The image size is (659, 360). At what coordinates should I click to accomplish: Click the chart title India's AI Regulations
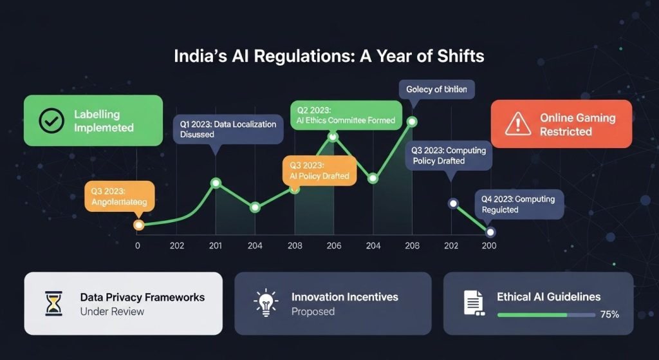pos(329,56)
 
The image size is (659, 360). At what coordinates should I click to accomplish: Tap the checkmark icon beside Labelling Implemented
pos(51,120)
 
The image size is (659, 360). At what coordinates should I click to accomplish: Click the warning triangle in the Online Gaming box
pos(517,124)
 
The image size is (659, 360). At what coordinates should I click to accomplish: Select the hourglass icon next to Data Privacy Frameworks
pos(54,303)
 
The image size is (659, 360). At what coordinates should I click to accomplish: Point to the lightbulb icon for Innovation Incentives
pos(265,303)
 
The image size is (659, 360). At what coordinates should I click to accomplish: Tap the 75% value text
pos(609,315)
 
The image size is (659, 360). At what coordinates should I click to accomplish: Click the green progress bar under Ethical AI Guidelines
pos(532,315)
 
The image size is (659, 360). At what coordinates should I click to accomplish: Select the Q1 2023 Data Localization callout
pos(228,129)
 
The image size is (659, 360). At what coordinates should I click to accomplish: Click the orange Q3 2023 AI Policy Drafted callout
pos(319,170)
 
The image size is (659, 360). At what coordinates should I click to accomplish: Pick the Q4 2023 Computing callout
pos(519,204)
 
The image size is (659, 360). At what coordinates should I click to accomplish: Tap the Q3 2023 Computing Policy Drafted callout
pos(449,155)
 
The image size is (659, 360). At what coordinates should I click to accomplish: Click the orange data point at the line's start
pos(138,225)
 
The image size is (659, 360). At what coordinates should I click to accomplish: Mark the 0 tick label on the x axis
pos(137,246)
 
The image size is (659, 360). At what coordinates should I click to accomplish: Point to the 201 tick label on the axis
pos(216,246)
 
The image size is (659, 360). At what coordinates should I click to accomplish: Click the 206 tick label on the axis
pos(333,246)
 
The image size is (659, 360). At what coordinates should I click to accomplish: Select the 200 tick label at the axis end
pos(489,246)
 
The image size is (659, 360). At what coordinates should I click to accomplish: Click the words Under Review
pos(112,312)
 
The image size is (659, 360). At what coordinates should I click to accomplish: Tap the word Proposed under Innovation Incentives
pos(313,312)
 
